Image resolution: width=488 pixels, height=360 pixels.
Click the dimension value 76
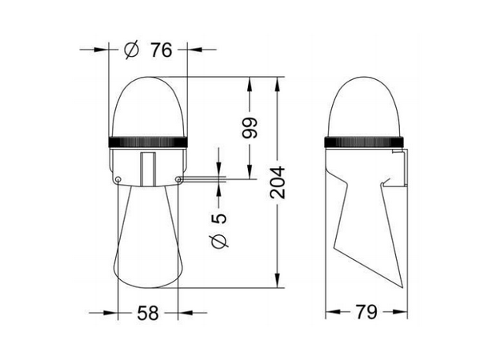[x=162, y=50]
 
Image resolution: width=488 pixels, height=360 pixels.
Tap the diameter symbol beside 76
[x=131, y=50]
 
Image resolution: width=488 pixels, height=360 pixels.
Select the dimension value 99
[x=250, y=127]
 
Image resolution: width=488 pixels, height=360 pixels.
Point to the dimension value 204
[x=278, y=182]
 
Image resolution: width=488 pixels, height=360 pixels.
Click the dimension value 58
[x=148, y=313]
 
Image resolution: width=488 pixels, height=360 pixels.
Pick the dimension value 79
[x=366, y=312]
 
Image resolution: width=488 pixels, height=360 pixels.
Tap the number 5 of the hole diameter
[x=219, y=218]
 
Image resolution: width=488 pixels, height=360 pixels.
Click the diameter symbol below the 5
[x=220, y=241]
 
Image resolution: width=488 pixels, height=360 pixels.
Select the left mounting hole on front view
[x=118, y=179]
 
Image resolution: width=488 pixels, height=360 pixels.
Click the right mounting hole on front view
[x=178, y=179]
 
